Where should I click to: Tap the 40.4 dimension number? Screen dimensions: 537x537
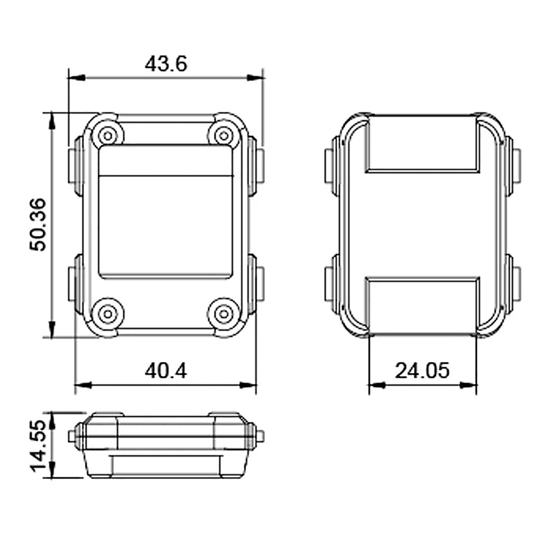(166, 371)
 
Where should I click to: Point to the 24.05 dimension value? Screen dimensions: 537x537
(422, 371)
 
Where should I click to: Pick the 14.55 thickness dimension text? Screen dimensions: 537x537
(38, 445)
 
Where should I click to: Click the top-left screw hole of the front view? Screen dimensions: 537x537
(108, 136)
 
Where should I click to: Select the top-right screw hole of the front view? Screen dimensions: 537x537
(224, 136)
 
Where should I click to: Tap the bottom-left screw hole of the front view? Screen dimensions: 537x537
(108, 314)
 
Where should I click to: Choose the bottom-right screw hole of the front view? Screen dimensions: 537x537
(224, 314)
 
